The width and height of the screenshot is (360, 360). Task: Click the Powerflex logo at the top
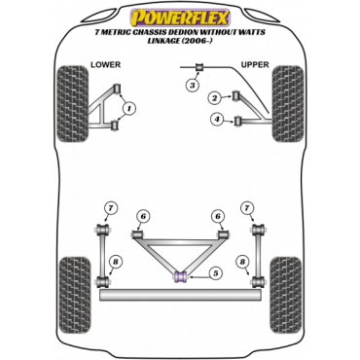[180, 18]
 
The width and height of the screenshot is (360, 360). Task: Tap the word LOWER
[105, 64]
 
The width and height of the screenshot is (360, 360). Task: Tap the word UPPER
[255, 65]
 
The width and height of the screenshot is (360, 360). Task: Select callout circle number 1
[128, 108]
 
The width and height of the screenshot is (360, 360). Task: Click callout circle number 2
[214, 97]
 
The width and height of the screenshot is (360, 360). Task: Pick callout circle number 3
[193, 86]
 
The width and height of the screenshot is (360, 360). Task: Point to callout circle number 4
[217, 120]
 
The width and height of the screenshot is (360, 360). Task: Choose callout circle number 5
[215, 273]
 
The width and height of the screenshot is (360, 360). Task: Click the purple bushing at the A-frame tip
[180, 277]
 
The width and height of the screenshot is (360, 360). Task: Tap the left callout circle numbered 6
[143, 216]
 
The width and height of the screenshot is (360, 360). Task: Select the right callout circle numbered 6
[218, 216]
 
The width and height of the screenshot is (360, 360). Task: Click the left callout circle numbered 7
[111, 208]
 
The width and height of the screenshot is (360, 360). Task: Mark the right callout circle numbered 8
[242, 263]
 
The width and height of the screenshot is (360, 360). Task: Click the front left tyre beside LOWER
[73, 104]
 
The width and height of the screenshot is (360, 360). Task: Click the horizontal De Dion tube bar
[180, 295]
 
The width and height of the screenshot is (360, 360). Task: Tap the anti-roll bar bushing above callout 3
[199, 67]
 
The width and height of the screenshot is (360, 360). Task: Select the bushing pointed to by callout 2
[236, 95]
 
